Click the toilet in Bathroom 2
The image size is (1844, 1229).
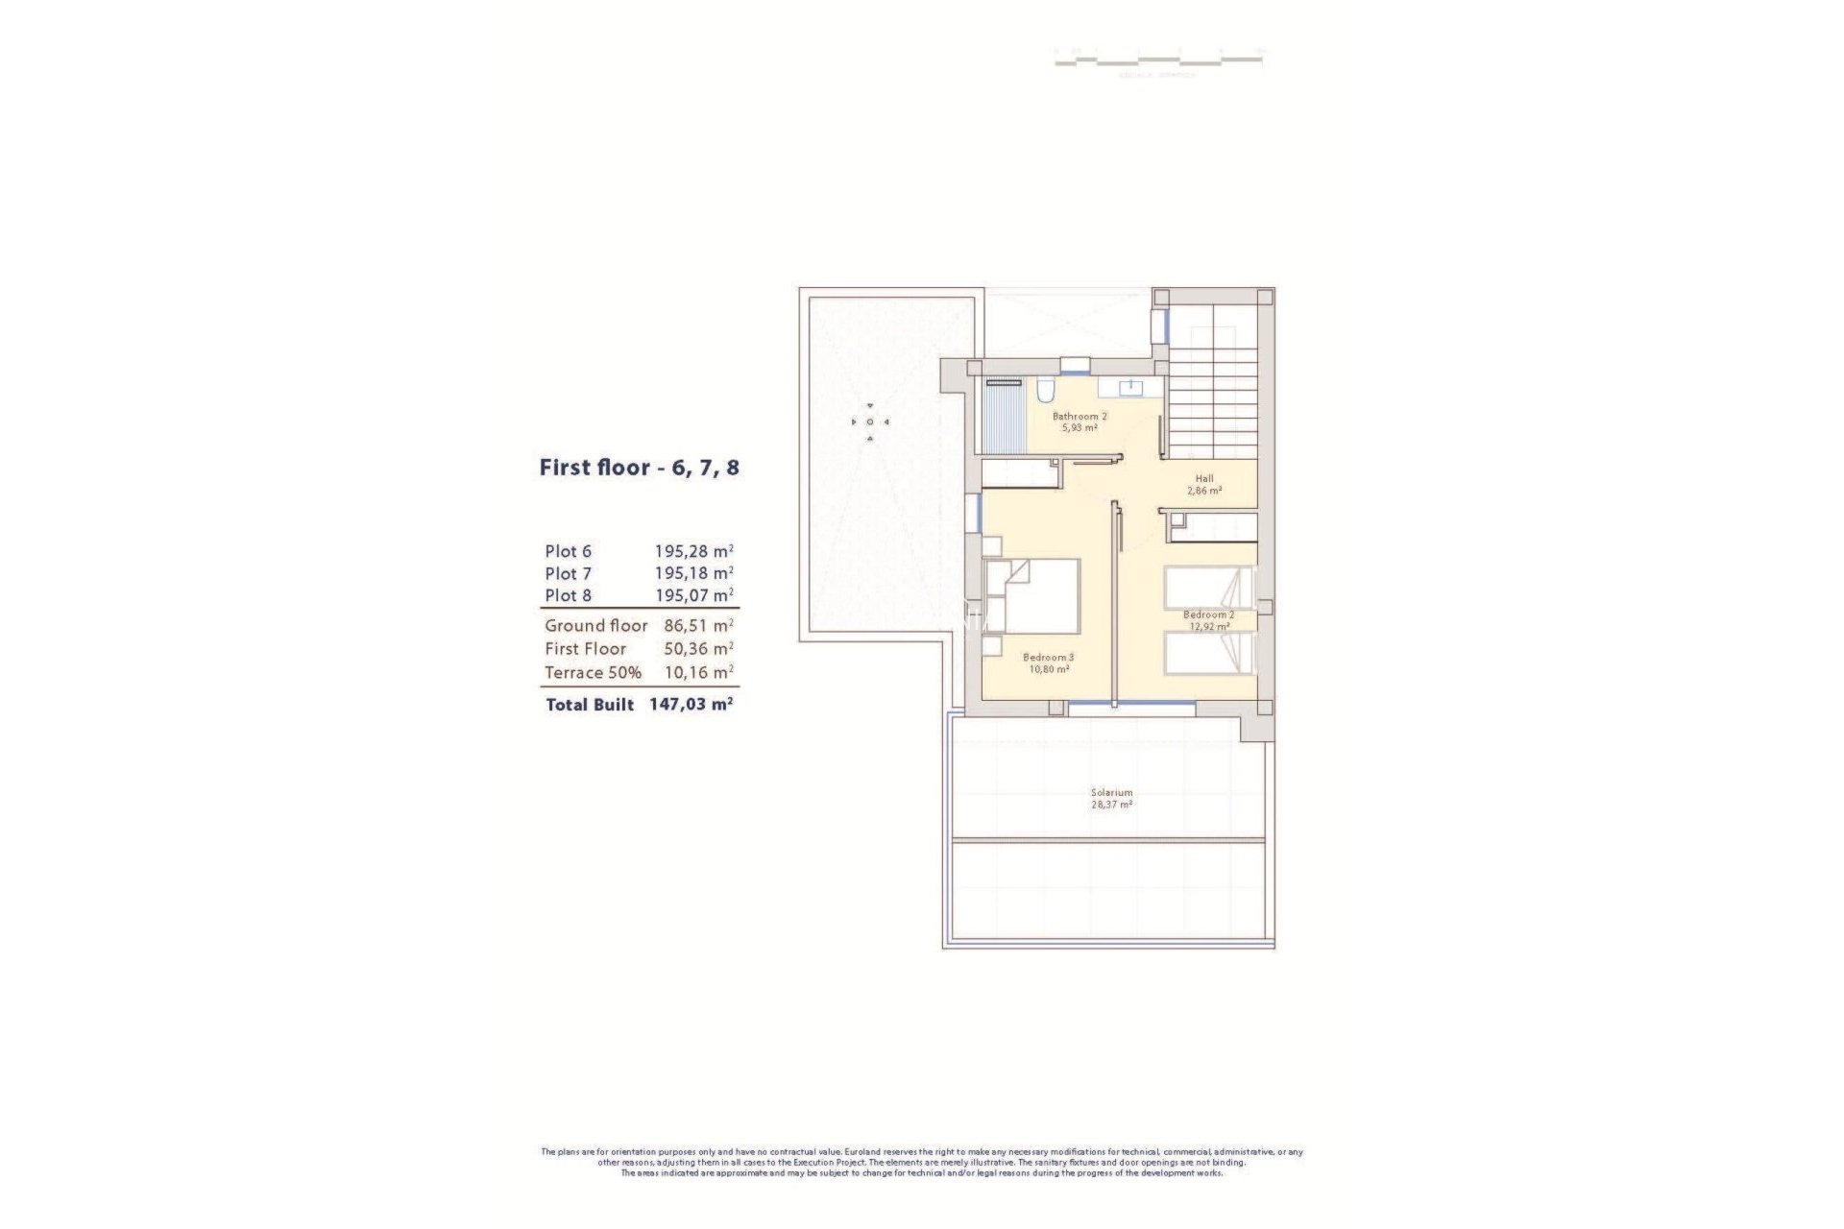1045,390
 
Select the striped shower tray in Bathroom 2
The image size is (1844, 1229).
1006,418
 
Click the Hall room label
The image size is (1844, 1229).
1204,478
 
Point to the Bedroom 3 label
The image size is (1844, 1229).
1048,658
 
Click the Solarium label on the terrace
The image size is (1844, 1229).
1111,793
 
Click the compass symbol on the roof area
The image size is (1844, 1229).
870,422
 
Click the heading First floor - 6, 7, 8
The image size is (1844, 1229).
639,469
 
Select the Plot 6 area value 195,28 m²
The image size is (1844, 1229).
693,551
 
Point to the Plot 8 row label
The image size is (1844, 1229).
568,595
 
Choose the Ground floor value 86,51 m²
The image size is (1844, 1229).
698,625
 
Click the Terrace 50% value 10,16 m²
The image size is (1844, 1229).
698,672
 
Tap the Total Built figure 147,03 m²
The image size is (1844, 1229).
691,704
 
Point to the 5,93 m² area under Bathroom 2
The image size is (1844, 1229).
1080,427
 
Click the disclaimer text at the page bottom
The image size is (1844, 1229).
922,1162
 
